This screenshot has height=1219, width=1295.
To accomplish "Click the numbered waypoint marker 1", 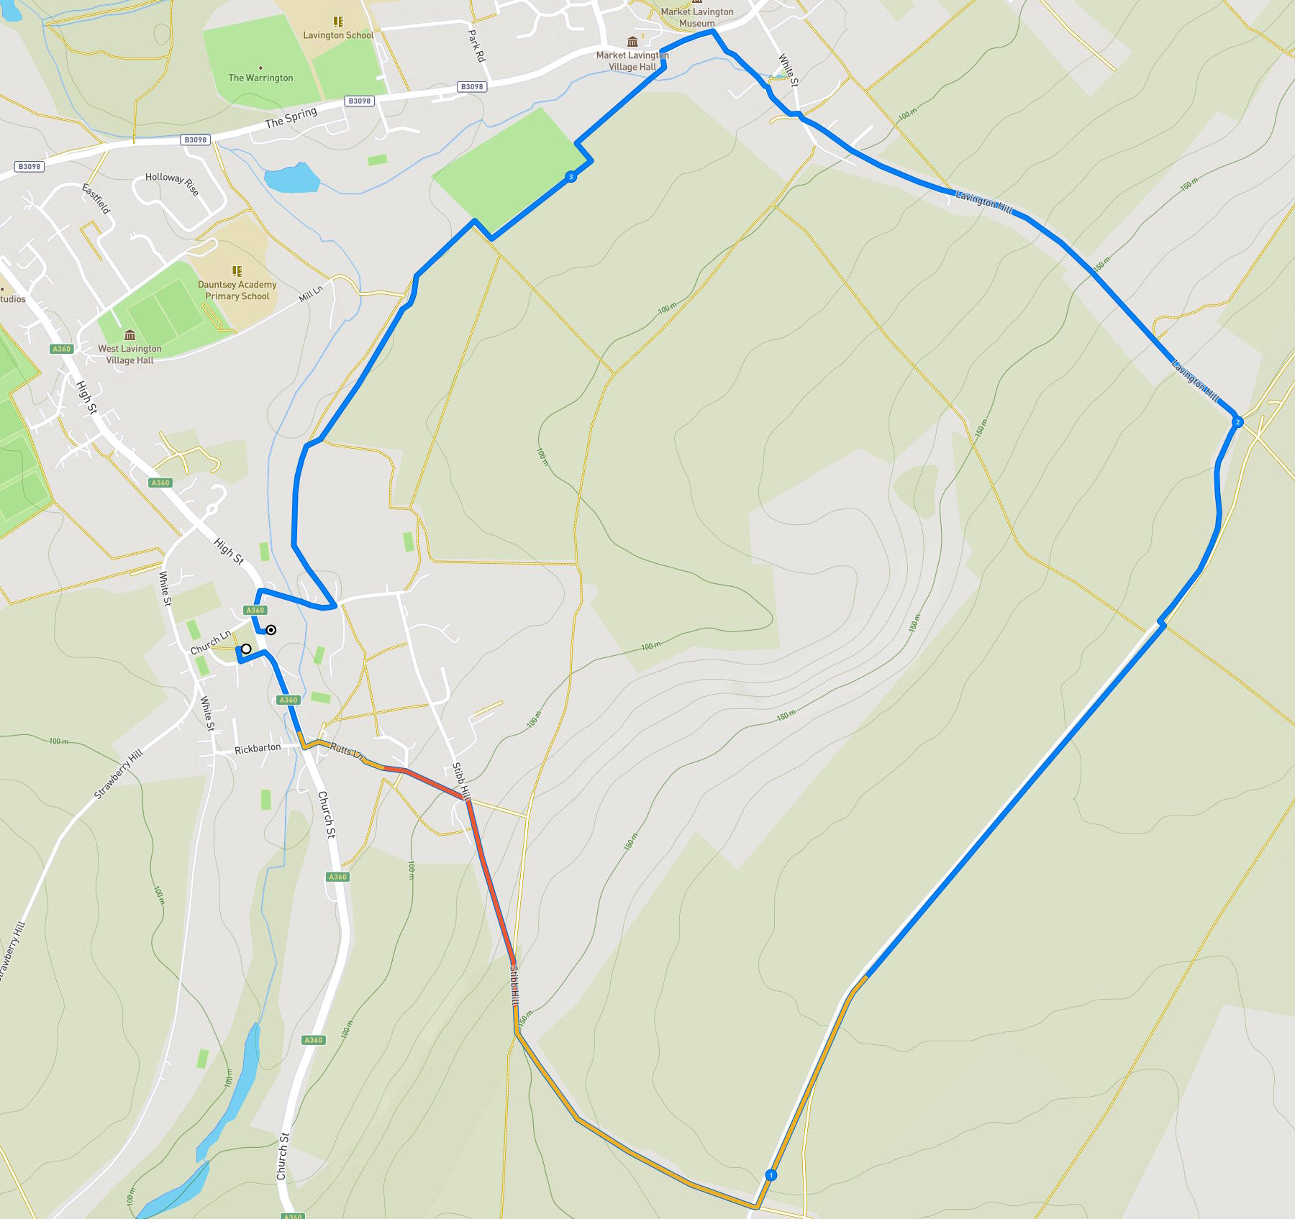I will [x=771, y=1175].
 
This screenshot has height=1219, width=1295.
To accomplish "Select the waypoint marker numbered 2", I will [x=1237, y=422].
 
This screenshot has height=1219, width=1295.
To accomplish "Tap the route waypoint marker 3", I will [x=571, y=177].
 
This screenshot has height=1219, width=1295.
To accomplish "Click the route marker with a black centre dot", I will [x=271, y=630].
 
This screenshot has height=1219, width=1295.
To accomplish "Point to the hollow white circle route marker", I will [x=246, y=649].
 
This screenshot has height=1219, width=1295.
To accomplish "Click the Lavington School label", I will [x=338, y=35].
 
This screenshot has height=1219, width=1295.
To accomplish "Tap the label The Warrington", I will [x=260, y=78].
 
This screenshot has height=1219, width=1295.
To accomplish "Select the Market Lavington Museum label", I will [x=697, y=17].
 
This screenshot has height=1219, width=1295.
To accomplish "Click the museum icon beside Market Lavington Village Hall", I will [x=632, y=42].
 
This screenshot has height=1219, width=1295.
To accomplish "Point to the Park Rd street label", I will [x=476, y=46].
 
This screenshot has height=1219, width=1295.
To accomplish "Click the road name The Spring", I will [x=291, y=117].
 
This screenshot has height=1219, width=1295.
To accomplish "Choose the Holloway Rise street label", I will [x=172, y=183].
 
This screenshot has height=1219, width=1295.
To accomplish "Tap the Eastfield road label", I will [x=96, y=199].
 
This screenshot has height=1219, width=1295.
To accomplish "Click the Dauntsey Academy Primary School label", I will [x=237, y=291].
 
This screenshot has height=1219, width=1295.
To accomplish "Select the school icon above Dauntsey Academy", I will [x=237, y=271].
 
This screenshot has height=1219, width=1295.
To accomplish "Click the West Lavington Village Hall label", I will [x=130, y=355].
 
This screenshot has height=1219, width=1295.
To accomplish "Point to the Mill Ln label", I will [x=311, y=293].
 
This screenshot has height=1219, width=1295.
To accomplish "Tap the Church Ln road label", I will [x=211, y=642].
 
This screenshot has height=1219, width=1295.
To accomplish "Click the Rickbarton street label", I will [x=258, y=749].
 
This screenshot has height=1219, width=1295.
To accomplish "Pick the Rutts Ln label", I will [x=346, y=750].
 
